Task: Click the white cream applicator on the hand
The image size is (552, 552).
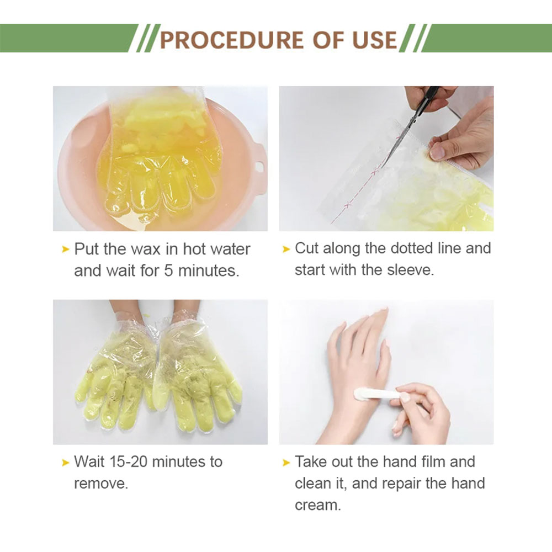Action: (375, 395)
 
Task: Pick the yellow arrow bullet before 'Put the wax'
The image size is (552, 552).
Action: (66, 250)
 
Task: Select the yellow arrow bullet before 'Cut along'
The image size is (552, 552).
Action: (286, 250)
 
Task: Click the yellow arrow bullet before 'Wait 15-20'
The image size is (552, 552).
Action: (66, 463)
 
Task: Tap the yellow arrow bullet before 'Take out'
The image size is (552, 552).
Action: (286, 463)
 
